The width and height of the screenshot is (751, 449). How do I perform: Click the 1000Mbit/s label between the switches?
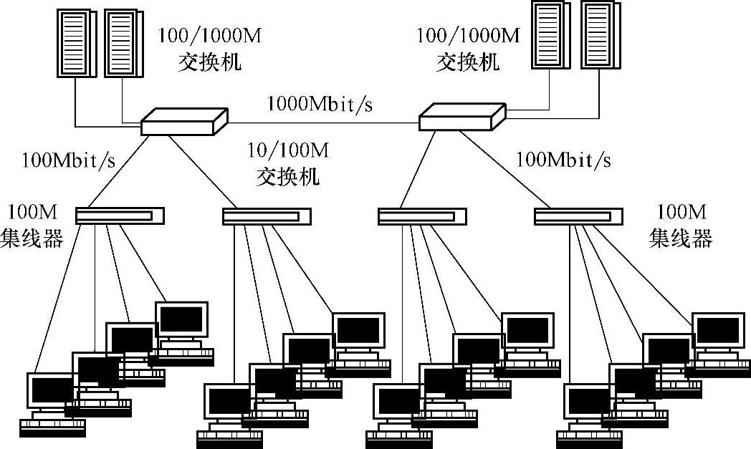(320, 104)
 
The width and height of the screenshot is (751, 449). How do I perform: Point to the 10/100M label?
(288, 150)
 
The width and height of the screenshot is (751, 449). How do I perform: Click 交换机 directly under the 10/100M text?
(288, 176)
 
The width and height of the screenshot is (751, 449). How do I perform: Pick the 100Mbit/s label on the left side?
(69, 160)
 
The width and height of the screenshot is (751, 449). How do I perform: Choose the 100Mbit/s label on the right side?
(564, 159)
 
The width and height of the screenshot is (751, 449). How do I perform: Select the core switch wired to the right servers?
(462, 116)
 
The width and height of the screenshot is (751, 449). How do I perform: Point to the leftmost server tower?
(75, 43)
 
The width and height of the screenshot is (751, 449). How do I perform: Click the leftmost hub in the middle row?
(120, 216)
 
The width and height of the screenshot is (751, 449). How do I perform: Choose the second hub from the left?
(267, 216)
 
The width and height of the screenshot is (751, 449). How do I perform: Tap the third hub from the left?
(422, 216)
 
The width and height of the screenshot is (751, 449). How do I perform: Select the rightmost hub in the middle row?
(578, 216)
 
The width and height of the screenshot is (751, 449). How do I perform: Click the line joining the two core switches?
(322, 122)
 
